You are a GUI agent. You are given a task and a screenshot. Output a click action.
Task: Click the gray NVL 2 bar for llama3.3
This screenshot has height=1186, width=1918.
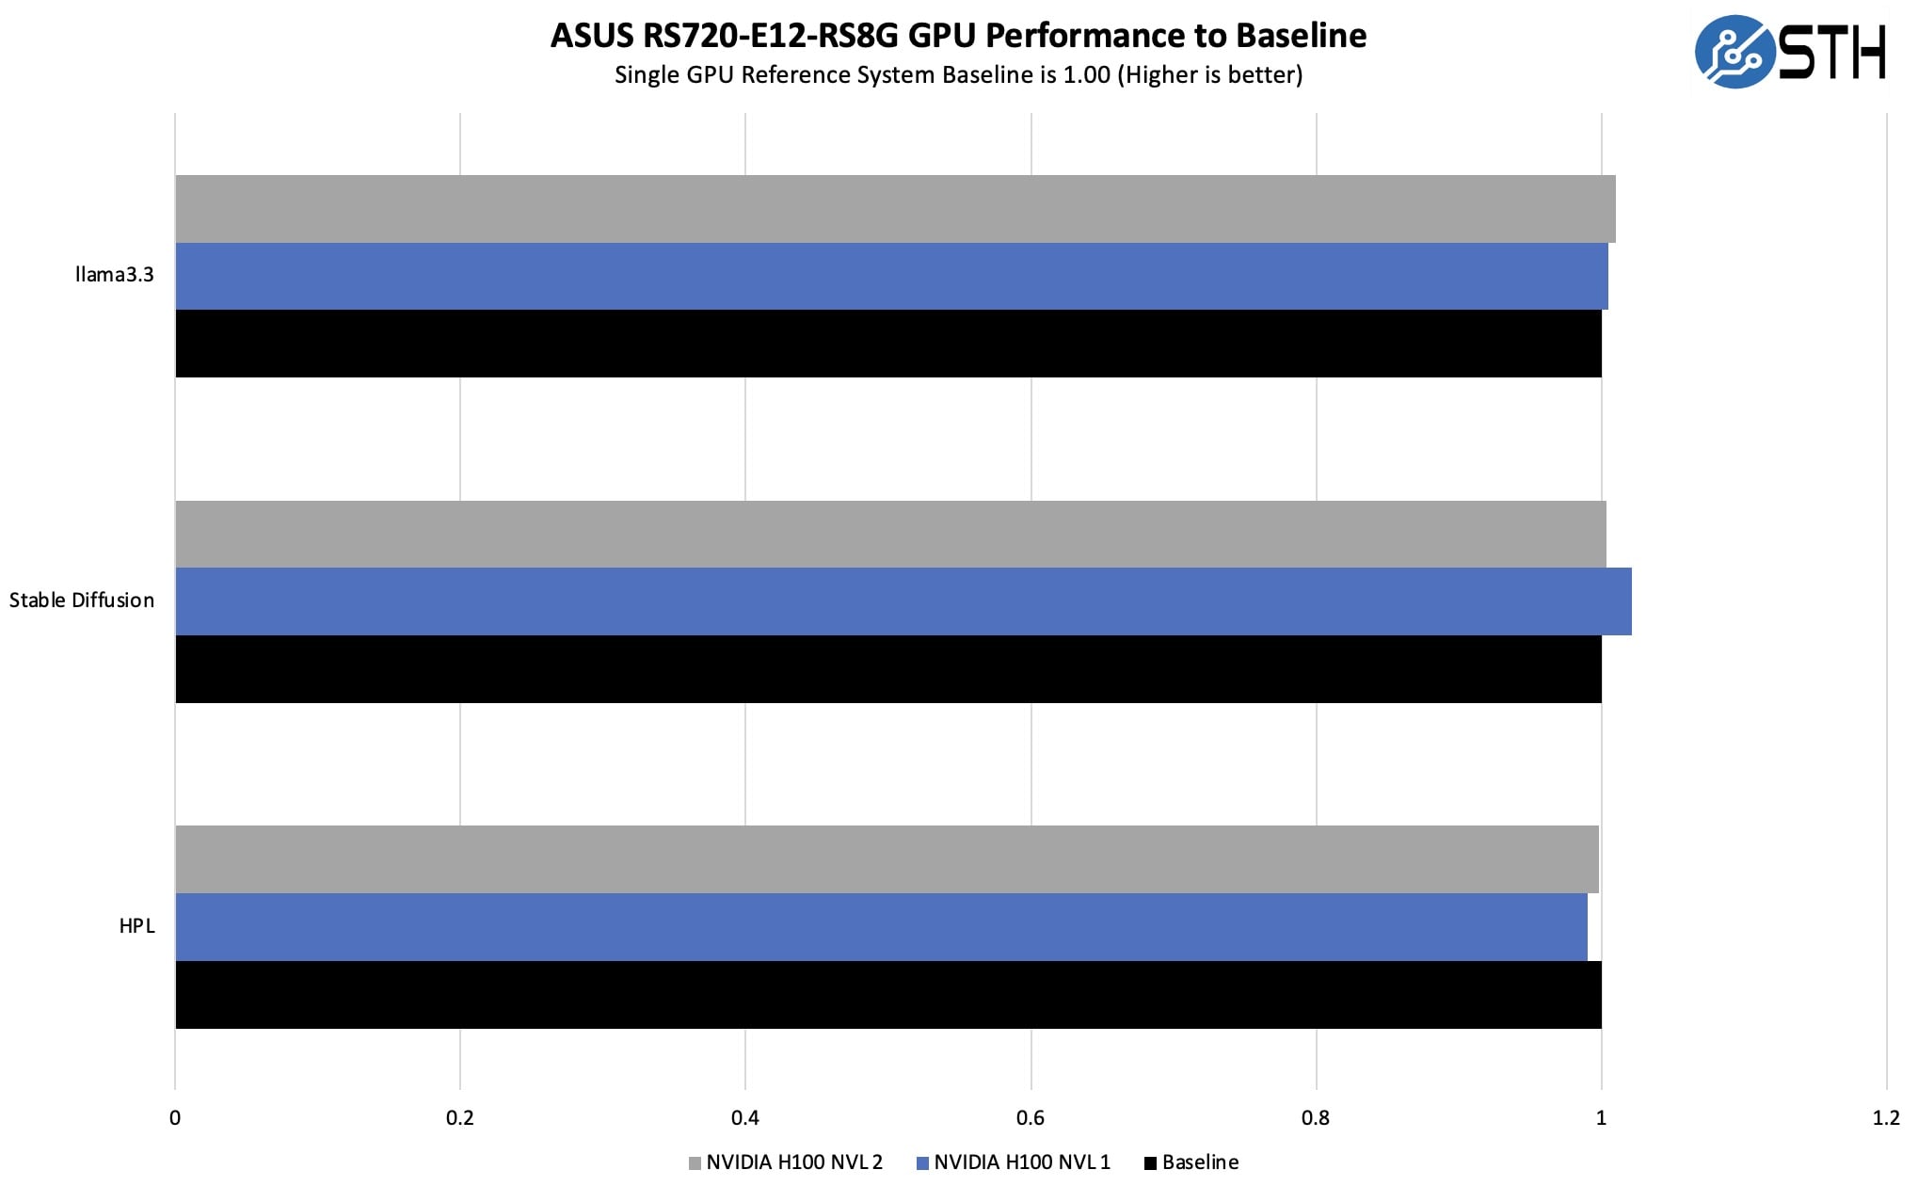894,209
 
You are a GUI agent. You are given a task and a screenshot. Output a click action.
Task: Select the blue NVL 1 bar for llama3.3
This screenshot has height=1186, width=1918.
890,276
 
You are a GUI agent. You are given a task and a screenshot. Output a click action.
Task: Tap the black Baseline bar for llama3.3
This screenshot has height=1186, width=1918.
887,344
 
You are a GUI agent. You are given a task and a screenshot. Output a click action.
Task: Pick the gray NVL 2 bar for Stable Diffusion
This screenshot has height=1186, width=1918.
889,534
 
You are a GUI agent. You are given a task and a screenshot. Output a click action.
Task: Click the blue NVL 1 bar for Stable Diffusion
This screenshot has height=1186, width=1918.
903,601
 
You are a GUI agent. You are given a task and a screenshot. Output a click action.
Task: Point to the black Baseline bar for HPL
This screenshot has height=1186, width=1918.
887,995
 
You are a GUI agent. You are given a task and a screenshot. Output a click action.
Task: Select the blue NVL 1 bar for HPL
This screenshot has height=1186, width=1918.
880,927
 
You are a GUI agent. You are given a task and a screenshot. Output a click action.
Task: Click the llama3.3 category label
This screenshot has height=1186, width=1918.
114,275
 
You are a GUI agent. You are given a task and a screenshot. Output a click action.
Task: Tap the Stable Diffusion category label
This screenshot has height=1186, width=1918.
82,601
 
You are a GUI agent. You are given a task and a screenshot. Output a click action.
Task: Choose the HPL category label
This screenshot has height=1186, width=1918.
136,926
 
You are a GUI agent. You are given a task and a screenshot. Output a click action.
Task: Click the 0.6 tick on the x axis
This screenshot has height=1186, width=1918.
1031,1117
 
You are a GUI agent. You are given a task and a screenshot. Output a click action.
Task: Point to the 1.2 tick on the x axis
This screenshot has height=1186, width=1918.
1885,1117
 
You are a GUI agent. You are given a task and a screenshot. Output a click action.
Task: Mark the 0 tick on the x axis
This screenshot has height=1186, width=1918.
175,1117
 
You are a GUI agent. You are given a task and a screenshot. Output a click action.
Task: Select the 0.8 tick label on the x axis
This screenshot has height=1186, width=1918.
1316,1117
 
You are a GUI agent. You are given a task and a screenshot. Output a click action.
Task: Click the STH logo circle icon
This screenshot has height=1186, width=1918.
1734,52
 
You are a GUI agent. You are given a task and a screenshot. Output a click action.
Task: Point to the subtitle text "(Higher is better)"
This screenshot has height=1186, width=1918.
1209,75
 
